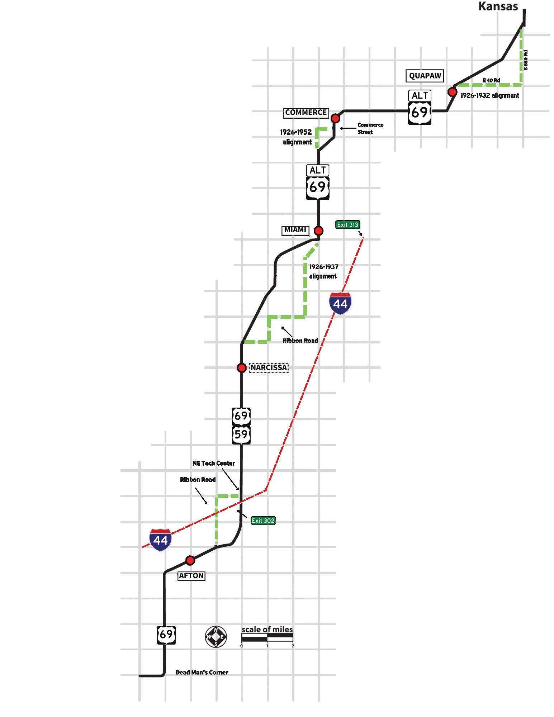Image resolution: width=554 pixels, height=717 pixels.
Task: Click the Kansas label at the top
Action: click(x=498, y=6)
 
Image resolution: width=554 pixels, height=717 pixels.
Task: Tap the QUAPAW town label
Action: click(x=425, y=76)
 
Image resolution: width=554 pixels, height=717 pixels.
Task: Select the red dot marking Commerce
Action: click(x=335, y=118)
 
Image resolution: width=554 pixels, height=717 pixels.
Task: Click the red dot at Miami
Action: click(x=318, y=231)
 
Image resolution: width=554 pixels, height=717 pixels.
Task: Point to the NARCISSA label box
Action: click(x=269, y=368)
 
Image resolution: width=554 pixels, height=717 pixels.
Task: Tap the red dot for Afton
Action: click(x=190, y=560)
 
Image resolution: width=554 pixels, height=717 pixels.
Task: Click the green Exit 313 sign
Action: click(x=347, y=225)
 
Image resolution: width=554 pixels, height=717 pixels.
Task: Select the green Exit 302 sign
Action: click(x=263, y=521)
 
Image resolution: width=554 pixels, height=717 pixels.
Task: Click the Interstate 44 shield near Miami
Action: click(x=340, y=303)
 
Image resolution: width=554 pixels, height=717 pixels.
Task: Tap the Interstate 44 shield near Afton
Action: click(x=161, y=540)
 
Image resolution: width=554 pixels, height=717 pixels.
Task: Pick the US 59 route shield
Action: click(x=241, y=435)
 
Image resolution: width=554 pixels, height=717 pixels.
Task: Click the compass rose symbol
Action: click(x=216, y=637)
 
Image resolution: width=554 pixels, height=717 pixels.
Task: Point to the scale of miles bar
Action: click(x=267, y=637)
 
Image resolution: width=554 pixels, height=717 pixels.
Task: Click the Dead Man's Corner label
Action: click(x=202, y=672)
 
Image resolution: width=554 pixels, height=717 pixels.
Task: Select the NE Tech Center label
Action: click(x=214, y=463)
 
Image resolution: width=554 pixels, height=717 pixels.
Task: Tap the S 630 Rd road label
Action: click(x=526, y=60)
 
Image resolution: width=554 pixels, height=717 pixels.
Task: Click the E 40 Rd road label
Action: click(x=491, y=80)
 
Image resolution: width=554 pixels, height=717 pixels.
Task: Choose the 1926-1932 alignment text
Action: click(x=489, y=96)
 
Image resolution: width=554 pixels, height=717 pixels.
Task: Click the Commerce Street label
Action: click(x=370, y=128)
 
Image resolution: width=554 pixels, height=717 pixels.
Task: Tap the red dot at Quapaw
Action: click(x=453, y=92)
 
